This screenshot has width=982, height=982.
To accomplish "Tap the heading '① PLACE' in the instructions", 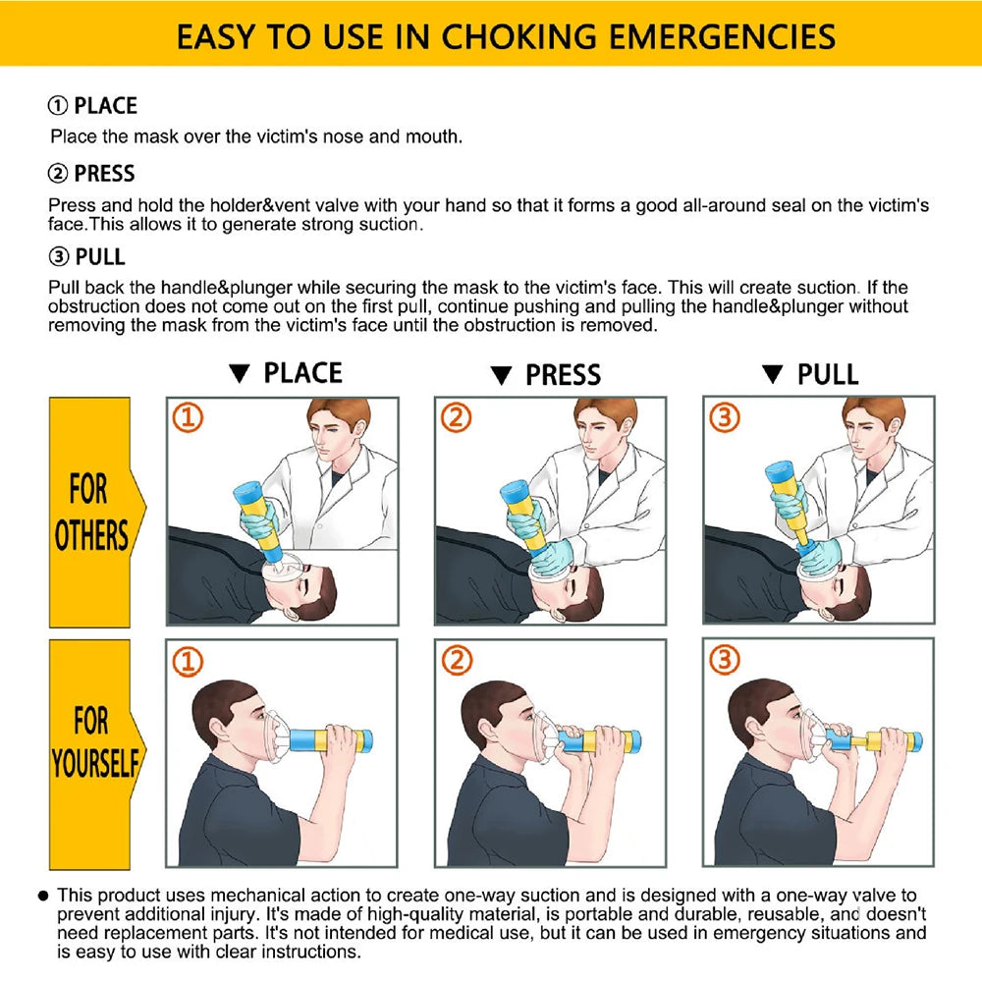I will pos(93,106).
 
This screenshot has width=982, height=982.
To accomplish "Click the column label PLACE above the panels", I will pos(302,374).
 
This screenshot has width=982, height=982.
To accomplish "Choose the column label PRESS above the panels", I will pos(563,375).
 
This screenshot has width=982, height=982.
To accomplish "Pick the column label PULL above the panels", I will pos(828,375).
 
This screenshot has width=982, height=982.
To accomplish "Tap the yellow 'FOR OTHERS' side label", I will pos(90,513).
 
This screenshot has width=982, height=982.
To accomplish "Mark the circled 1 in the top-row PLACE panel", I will pos(189,419).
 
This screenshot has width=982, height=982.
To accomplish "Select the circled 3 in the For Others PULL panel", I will pos(725,418).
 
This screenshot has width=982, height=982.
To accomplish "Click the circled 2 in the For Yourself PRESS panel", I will pos(457,662).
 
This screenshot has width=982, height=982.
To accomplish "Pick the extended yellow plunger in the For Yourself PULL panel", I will pos(863,739).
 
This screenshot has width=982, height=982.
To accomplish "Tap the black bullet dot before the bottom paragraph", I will pos(44,896).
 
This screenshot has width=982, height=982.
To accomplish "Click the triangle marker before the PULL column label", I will pos(773,375).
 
